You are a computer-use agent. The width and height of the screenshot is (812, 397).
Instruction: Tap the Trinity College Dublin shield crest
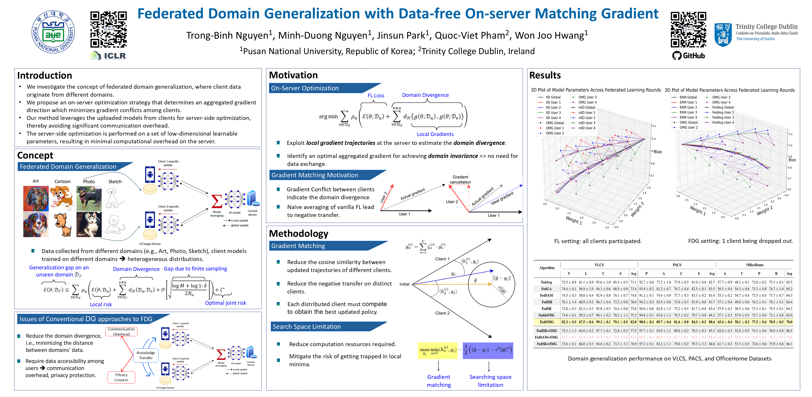723,34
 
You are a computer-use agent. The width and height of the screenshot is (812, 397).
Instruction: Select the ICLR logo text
114,56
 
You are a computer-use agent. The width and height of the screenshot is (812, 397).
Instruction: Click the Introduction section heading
45,76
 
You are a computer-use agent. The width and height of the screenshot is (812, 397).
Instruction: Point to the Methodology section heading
298,233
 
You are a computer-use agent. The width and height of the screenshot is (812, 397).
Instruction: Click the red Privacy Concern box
121,377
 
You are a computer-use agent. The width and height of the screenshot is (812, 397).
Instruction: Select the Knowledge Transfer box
146,355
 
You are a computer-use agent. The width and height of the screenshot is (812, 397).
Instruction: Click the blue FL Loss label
376,95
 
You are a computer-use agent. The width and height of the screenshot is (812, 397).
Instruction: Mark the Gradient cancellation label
460,179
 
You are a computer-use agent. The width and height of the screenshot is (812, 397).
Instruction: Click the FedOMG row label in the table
547,322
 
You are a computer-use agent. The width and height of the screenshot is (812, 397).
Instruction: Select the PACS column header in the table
677,265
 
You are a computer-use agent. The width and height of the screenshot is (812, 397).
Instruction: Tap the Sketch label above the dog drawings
115,182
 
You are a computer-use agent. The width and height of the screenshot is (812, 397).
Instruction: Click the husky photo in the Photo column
89,224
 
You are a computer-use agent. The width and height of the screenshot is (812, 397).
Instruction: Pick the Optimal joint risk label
225,303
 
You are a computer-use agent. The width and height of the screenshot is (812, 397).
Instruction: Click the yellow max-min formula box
438,350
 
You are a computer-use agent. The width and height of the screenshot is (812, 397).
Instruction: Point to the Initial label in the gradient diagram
404,284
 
